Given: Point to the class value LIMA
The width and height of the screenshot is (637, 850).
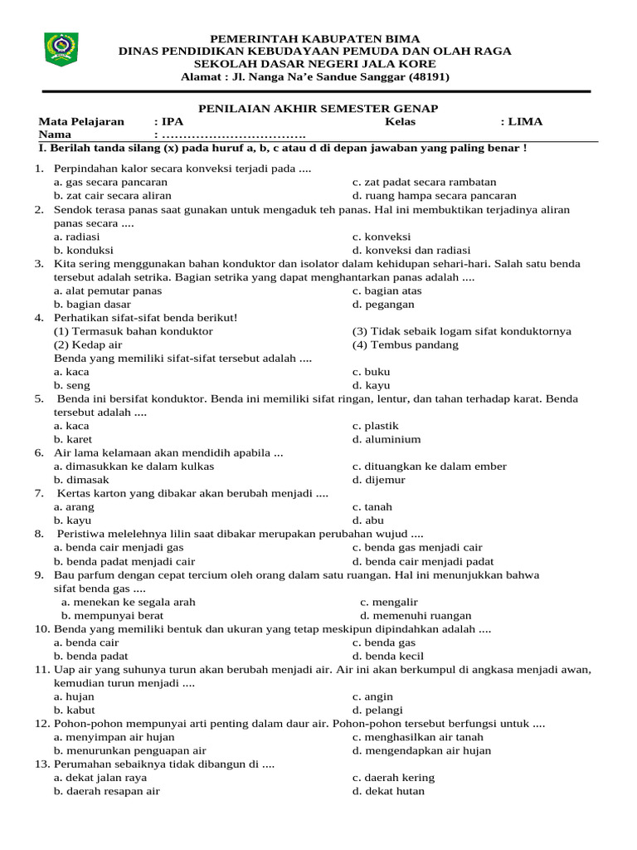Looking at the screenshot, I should (526, 121).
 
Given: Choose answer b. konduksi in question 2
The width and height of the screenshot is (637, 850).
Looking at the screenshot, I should (84, 250).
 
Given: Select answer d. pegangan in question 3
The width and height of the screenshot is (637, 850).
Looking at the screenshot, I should (383, 305).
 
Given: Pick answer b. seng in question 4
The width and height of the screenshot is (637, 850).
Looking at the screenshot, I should (72, 385).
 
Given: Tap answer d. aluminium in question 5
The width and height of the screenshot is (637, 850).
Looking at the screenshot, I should (387, 439).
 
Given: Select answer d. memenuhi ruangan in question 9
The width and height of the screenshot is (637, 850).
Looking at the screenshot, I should (416, 616).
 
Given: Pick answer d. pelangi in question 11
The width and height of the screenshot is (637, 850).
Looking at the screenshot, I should (377, 710).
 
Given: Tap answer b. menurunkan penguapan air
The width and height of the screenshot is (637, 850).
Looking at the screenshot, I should (129, 750).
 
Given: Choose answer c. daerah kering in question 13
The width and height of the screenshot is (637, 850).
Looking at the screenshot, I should (393, 778).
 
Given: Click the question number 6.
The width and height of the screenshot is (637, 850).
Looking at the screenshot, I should (39, 453).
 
